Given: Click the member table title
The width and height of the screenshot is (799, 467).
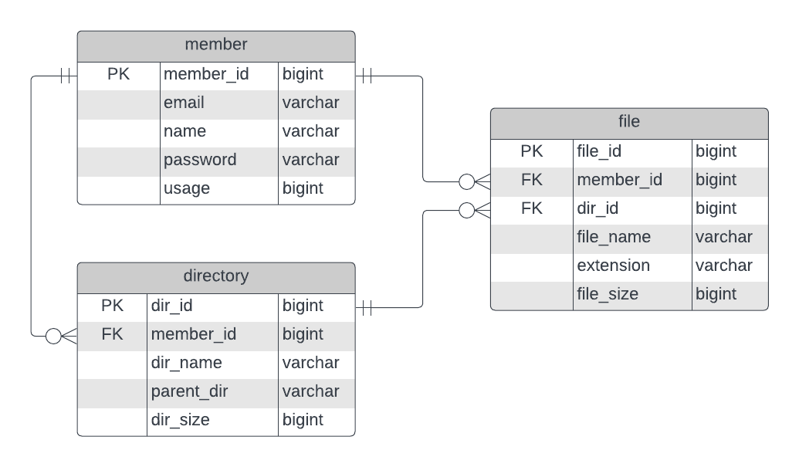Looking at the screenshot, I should tap(216, 45).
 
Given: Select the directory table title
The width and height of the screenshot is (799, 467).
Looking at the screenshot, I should tap(216, 276).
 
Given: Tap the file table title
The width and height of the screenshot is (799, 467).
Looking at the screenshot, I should tap(629, 122).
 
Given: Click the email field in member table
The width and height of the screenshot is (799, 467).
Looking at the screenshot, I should tap(184, 103).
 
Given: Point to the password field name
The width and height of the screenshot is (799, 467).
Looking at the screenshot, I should tap(200, 160).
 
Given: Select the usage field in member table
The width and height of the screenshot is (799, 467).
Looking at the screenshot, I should tap(187, 188).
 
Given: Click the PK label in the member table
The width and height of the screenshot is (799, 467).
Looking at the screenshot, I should tap(119, 74).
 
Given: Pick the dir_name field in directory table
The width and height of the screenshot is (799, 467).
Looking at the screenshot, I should tap(186, 363).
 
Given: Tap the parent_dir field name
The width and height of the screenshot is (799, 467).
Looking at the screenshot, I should tap(189, 391).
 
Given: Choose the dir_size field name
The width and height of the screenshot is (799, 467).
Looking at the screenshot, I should tap(180, 420).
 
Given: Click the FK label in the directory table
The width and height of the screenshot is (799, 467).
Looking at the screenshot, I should tap(112, 334).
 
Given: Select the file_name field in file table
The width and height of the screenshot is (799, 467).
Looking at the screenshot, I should tap(614, 237).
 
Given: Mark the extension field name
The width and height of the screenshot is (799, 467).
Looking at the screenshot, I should tap(613, 266).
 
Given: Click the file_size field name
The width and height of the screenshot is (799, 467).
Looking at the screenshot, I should tap(607, 294).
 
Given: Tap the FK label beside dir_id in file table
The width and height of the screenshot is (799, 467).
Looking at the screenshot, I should tap(532, 208).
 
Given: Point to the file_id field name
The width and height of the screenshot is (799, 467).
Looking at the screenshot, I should tap(598, 151).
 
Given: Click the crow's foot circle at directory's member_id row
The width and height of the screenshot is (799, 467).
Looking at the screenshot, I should tap(53, 336).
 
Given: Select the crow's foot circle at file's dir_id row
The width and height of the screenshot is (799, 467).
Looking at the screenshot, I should tap(466, 210).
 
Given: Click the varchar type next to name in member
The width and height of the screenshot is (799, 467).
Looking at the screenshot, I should tap(310, 131).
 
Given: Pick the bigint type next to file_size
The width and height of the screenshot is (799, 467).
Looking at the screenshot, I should tap(716, 294).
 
